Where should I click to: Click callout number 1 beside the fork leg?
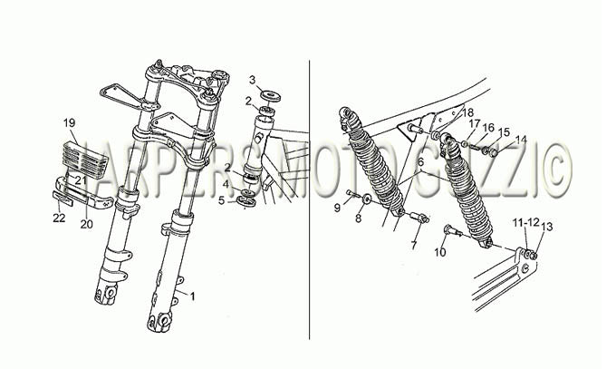(x=192, y=296)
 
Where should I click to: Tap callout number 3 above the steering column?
(x=252, y=81)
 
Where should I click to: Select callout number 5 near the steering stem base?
(x=222, y=200)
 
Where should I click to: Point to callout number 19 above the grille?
(x=69, y=123)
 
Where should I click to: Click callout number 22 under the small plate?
(x=59, y=218)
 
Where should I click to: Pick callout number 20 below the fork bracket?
(x=86, y=224)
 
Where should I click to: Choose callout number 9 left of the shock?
(x=337, y=208)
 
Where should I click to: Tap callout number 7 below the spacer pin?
(x=413, y=246)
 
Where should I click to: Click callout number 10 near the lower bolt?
(x=440, y=252)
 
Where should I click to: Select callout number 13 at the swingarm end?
(x=546, y=227)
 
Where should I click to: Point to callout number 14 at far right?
(x=521, y=140)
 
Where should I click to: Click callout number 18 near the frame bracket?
(x=468, y=112)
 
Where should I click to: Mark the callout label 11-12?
(x=525, y=223)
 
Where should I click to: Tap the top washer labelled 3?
(x=271, y=97)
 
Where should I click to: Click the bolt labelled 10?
(x=453, y=231)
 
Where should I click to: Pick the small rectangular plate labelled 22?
(x=63, y=199)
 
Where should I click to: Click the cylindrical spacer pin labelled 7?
(x=420, y=218)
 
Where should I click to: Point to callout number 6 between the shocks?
(x=420, y=161)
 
